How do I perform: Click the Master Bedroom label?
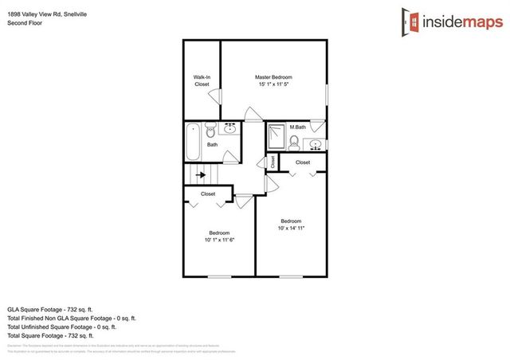tap(273, 76)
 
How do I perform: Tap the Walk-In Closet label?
tap(202, 80)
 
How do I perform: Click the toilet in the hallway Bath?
tap(211, 129)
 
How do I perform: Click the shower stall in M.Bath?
tap(276, 136)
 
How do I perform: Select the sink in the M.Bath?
tap(316, 144)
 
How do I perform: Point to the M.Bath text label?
tap(298, 127)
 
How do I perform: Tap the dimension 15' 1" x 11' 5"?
tap(273, 84)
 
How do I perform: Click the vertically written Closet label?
tap(273, 162)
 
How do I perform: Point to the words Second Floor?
tap(25, 23)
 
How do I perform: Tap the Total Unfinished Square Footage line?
tap(61, 326)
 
